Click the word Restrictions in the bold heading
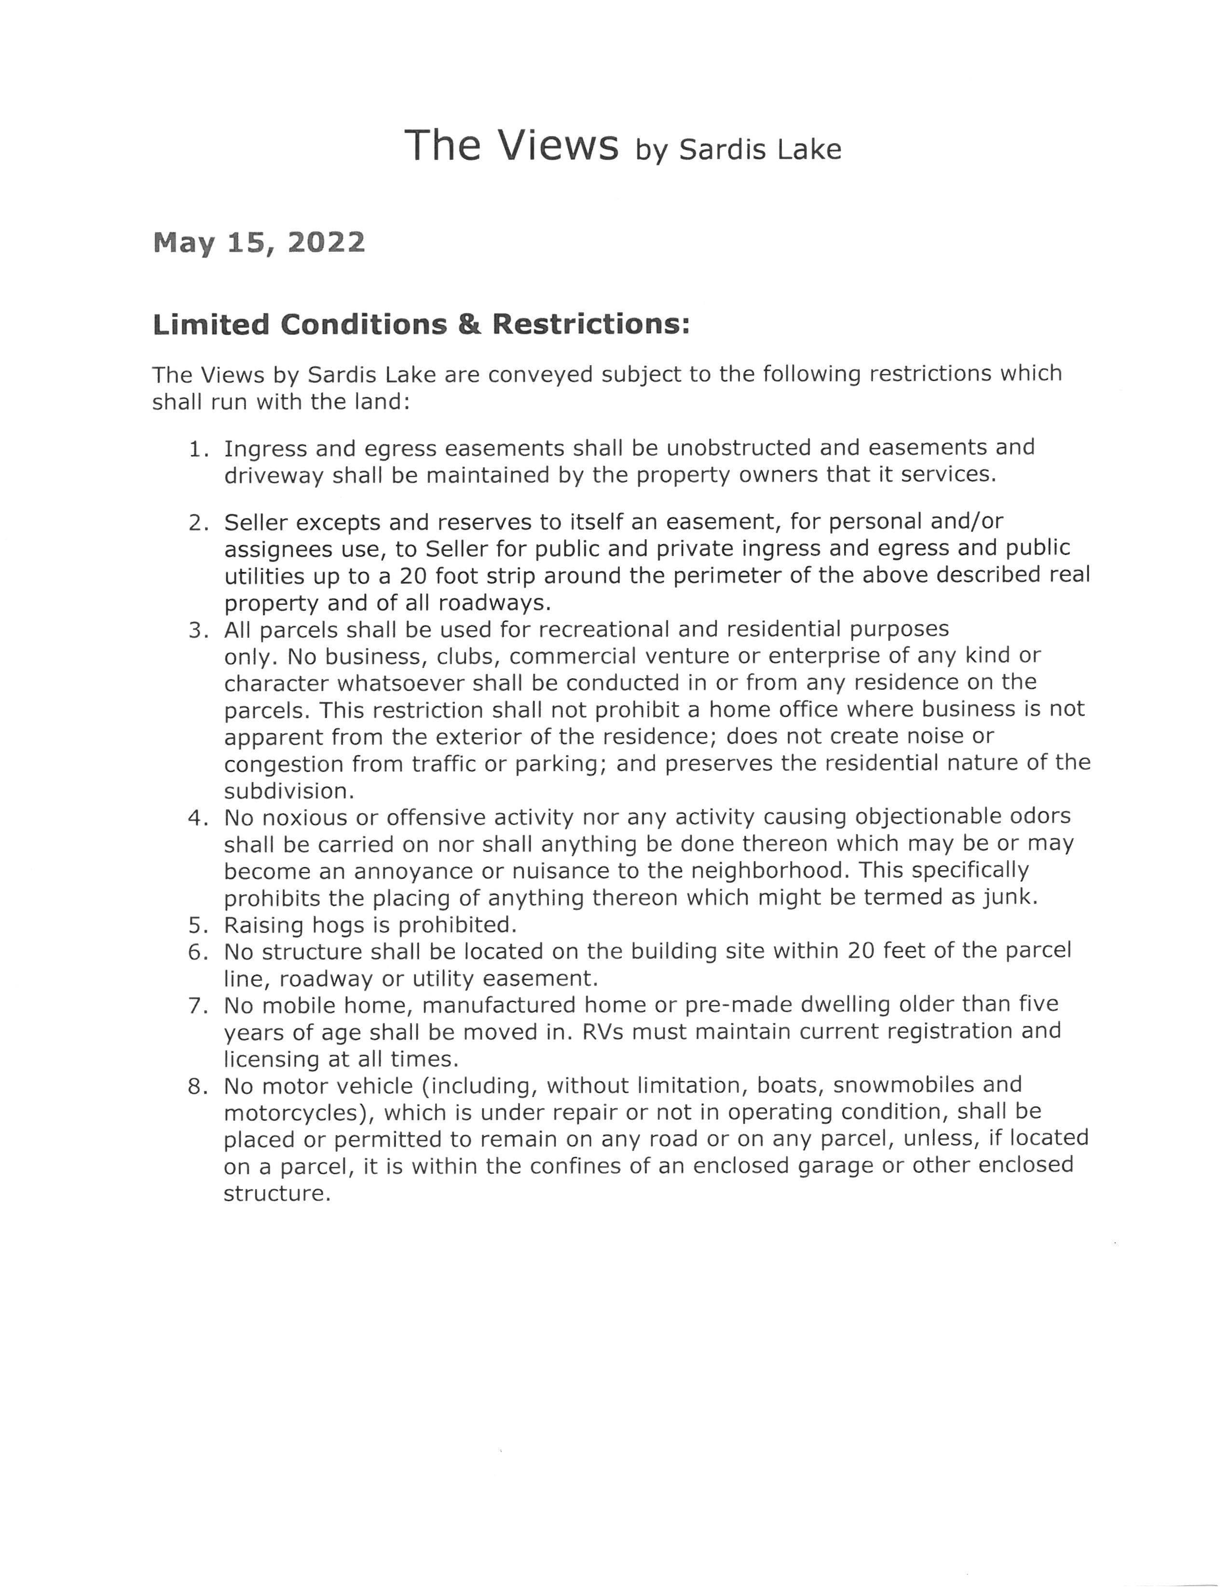(590, 324)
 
